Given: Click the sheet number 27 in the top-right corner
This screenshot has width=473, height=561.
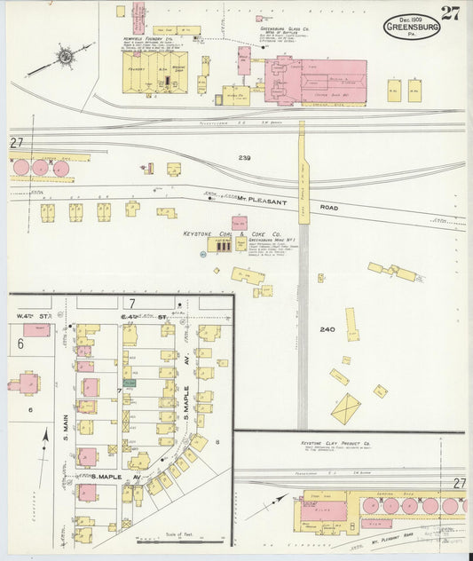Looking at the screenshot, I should (450, 12).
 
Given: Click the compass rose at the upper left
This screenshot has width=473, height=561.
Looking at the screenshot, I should (64, 59).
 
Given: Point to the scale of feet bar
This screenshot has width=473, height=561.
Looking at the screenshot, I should (172, 539).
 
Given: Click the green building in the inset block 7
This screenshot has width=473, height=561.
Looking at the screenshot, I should (130, 383).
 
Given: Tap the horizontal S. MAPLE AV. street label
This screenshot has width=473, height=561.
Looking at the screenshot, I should (117, 477).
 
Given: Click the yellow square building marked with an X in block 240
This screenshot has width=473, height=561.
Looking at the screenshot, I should (345, 409).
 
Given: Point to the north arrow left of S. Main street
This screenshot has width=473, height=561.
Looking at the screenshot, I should (43, 437).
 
